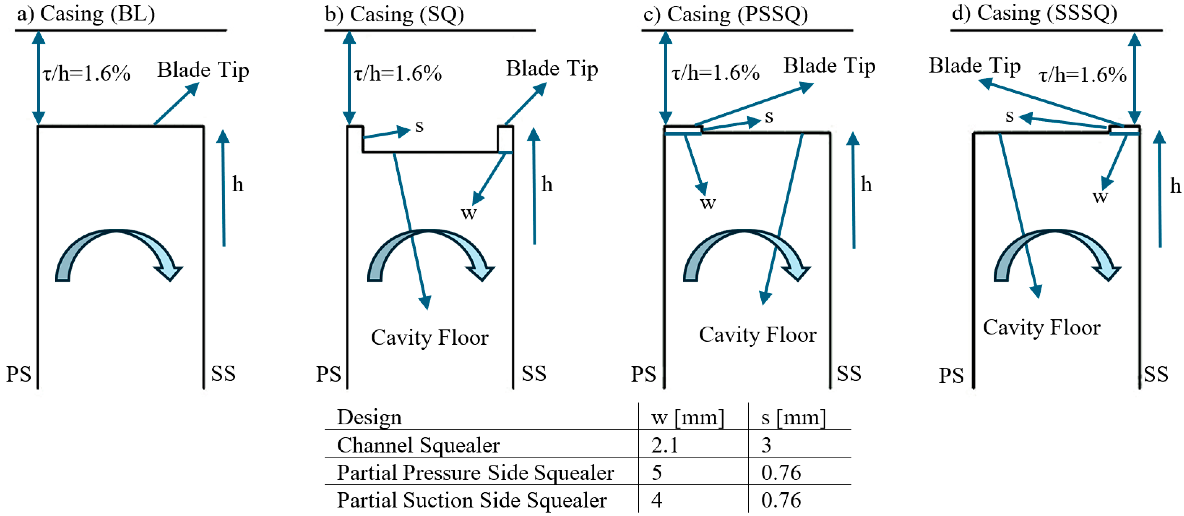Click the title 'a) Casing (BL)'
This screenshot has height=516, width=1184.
point(86,14)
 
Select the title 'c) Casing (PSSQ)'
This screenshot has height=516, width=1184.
point(725,14)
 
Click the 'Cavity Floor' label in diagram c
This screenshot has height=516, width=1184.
point(758,335)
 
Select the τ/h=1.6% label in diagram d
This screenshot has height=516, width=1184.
point(1082,75)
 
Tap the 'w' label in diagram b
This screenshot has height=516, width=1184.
point(469,213)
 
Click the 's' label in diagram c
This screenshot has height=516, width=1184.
point(769,117)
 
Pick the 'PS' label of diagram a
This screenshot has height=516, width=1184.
point(18,374)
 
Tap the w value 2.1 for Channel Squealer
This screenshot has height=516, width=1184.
point(665,445)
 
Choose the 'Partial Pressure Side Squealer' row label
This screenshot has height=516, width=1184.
point(475,473)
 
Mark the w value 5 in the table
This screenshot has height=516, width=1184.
point(657,473)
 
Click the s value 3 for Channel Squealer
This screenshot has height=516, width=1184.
point(766,445)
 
